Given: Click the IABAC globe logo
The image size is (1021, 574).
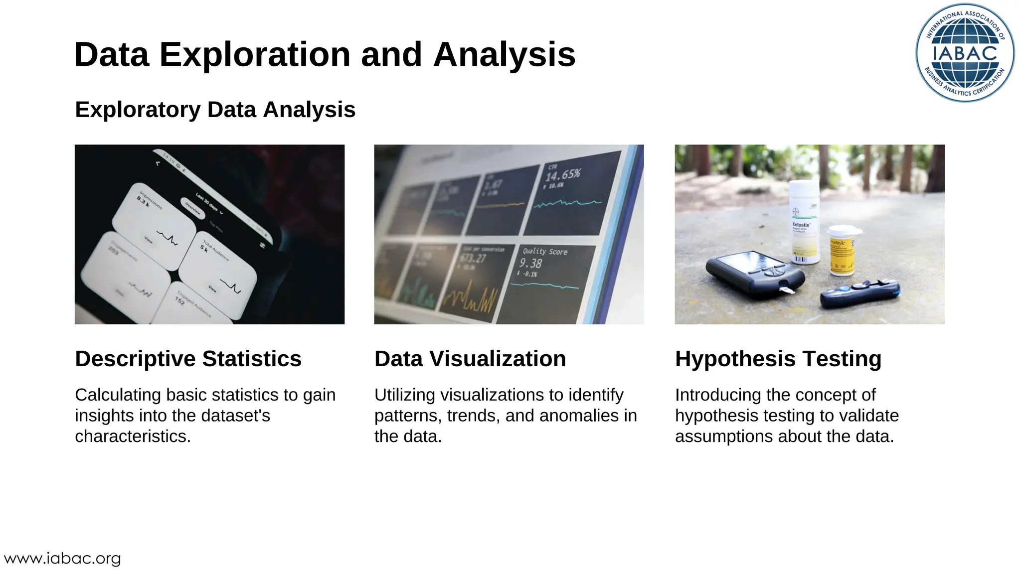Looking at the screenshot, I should (x=965, y=53).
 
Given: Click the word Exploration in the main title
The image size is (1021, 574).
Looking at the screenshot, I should (x=255, y=54).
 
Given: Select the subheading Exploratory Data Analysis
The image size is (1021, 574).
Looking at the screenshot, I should (x=215, y=110).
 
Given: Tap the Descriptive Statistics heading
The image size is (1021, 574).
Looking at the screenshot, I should (x=188, y=359).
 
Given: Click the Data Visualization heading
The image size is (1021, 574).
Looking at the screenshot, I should (x=470, y=359).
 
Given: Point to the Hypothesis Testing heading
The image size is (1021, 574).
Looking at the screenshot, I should (x=778, y=359).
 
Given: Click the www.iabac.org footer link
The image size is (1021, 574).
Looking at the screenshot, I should (x=62, y=559).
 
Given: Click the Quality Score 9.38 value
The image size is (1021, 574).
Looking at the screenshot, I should (x=530, y=263).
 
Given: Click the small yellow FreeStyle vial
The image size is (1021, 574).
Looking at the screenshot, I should (x=843, y=251).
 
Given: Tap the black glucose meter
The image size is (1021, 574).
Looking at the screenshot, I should (x=753, y=274).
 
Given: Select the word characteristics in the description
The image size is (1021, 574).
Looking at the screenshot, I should (x=133, y=436).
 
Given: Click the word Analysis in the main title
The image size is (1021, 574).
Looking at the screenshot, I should (x=505, y=54).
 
